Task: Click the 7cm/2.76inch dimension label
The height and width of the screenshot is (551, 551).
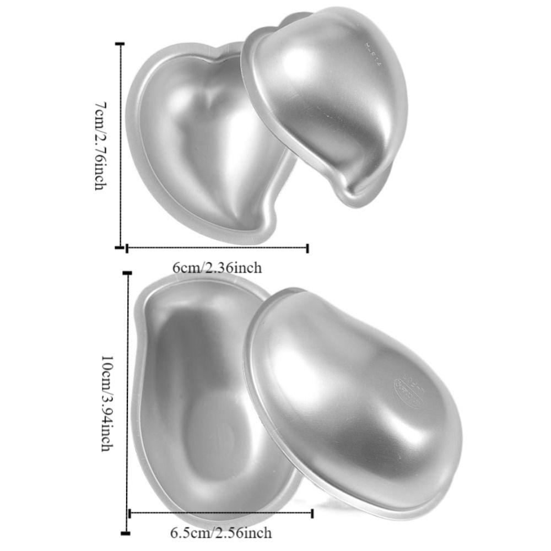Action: (x=100, y=145)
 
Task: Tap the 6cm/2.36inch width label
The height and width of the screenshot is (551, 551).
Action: (x=217, y=268)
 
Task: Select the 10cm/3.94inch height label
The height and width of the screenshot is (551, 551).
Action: (x=107, y=403)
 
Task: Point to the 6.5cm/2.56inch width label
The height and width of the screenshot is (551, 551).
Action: (x=221, y=533)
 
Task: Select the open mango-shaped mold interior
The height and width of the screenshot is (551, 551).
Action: (x=204, y=402)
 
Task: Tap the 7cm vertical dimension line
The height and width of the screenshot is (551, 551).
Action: (x=121, y=145)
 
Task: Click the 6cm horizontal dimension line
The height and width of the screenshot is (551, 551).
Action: (x=217, y=248)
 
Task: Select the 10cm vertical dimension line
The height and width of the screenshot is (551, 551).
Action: (x=128, y=403)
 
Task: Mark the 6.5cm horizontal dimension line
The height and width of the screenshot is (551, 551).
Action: (x=221, y=514)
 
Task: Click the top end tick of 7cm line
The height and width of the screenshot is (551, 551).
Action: (x=121, y=43)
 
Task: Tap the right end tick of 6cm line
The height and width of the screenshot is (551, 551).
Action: (x=307, y=248)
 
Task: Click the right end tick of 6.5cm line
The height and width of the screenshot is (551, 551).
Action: (x=312, y=514)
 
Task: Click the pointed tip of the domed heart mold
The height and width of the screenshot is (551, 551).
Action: (x=353, y=198)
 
